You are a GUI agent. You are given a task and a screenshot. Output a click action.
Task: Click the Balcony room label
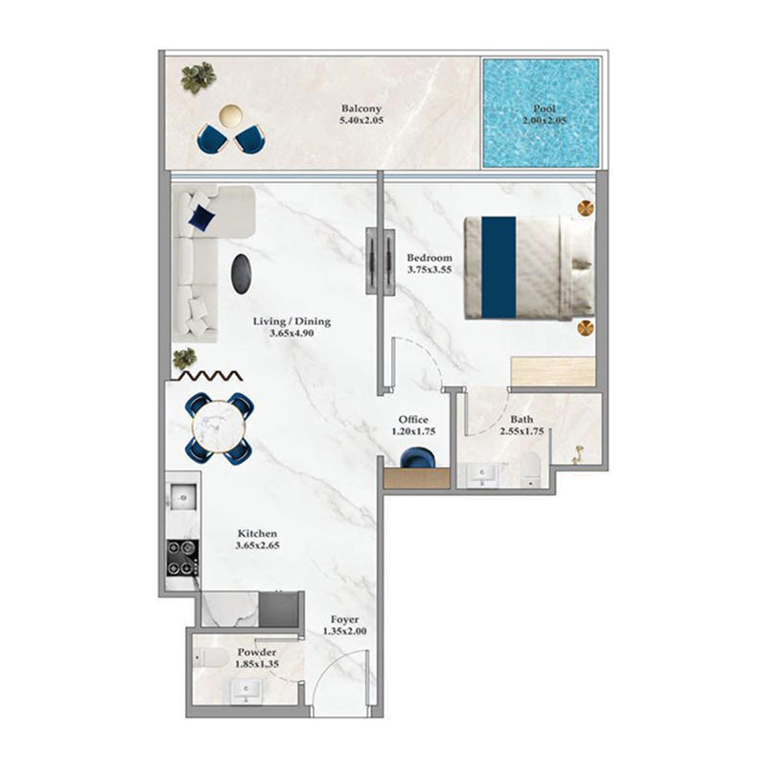pos(360,109)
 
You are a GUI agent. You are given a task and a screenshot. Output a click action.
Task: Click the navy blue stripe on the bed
pos(498,267)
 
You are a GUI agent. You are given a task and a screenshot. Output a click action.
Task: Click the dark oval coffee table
pos(243,275)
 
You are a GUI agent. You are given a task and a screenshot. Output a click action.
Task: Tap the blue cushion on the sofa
pos(200,218)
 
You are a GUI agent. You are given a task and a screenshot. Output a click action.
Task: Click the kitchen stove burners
pos(182,557)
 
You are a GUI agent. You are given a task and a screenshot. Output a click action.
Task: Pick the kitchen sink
pos(181,496)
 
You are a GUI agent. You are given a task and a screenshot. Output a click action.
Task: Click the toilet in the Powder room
pos(209,658)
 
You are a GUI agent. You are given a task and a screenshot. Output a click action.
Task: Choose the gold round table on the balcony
pos(230,116)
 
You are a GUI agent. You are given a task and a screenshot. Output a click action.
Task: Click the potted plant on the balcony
pos(198,77)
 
